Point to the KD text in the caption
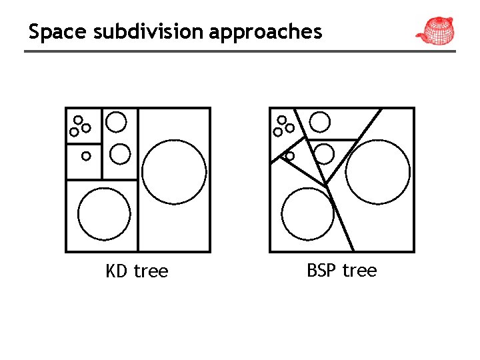[117, 271]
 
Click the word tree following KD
[151, 271]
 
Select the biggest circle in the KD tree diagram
[175, 171]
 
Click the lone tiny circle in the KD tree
[86, 156]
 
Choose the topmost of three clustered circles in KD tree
[78, 120]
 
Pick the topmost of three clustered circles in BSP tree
[282, 120]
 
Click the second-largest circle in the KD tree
[104, 214]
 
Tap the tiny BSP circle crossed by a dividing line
[289, 156]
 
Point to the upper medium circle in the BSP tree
[321, 122]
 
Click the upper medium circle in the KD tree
[116, 122]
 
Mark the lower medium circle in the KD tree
[120, 154]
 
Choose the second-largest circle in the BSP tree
[307, 214]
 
